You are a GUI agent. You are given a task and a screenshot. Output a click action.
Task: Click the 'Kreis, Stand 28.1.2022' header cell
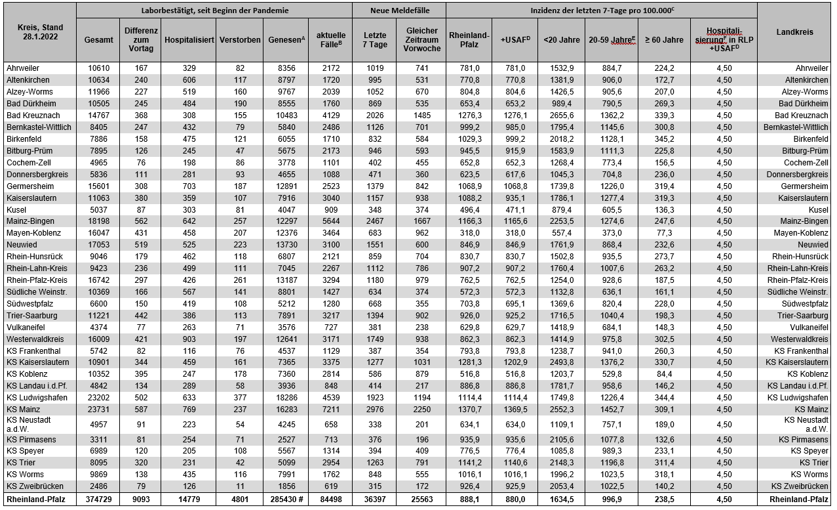39,32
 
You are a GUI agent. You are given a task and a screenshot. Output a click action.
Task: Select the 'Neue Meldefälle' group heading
399,11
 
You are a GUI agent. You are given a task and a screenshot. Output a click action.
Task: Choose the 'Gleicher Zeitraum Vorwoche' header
421,40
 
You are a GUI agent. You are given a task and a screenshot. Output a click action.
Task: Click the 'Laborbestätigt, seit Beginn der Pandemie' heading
214,11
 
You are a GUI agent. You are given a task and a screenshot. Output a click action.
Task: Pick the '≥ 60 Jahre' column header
664,40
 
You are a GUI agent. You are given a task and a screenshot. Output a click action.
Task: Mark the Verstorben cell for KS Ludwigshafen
239,397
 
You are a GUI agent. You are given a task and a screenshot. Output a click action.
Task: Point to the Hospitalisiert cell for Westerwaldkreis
189,339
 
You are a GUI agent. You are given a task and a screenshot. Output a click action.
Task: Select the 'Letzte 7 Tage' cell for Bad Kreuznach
374,115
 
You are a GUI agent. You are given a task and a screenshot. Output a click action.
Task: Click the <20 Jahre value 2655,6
561,115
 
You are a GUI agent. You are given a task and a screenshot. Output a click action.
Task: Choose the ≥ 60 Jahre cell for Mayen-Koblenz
664,233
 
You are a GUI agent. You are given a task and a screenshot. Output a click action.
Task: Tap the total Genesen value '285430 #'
286,499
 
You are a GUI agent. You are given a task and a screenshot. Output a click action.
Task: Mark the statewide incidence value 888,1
469,499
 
